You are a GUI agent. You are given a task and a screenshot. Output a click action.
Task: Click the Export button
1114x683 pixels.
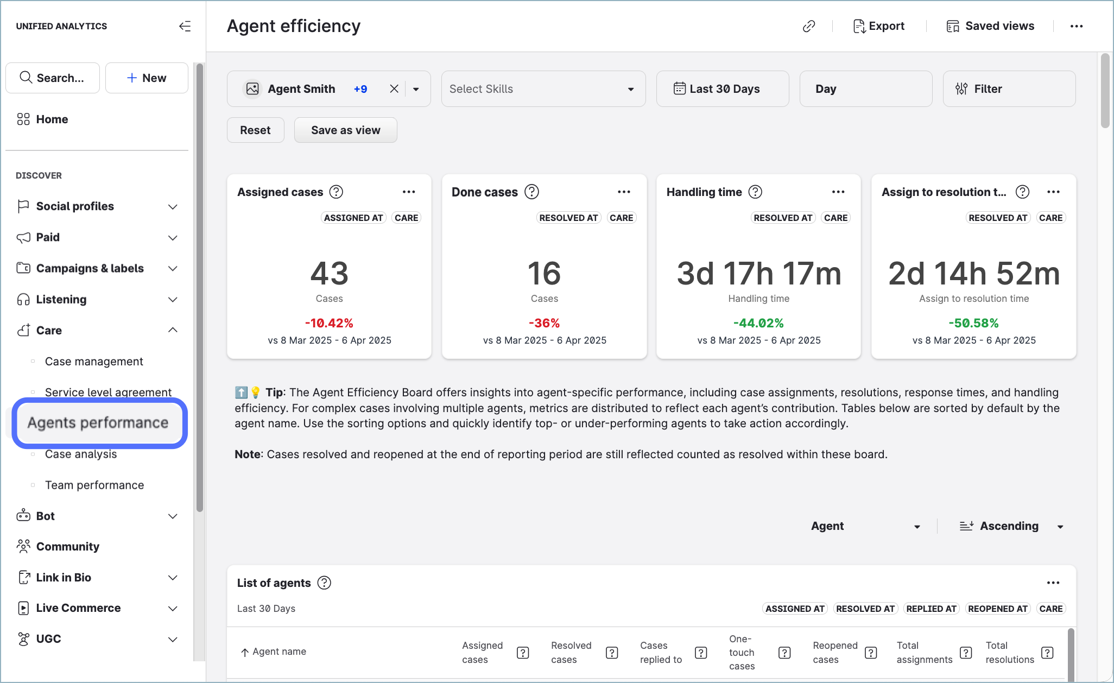[x=878, y=26]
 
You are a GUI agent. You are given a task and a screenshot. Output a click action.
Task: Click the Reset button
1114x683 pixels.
[x=255, y=130]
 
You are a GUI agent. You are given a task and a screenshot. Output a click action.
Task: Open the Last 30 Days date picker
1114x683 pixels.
[x=722, y=89]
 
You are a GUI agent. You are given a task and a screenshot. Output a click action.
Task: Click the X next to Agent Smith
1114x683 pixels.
[x=394, y=89]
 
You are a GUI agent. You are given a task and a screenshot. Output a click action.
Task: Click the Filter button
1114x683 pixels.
[x=1009, y=89]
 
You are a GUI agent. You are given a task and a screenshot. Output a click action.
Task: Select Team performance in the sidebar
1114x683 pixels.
[x=94, y=485]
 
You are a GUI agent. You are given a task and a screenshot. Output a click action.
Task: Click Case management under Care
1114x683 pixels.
[x=94, y=362]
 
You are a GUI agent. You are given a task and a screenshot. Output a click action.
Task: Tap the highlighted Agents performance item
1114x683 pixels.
[x=98, y=423]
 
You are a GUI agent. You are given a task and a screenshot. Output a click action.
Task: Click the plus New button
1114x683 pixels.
[x=147, y=78]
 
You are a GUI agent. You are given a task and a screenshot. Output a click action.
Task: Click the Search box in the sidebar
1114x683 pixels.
[x=53, y=78]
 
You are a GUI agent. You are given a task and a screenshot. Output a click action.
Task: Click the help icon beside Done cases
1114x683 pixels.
[x=531, y=192]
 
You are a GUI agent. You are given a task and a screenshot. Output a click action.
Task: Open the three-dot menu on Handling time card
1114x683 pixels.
[x=838, y=192]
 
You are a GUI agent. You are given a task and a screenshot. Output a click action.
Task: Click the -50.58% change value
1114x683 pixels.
[x=973, y=323]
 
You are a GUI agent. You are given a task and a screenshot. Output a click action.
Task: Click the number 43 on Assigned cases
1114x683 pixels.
[x=329, y=273]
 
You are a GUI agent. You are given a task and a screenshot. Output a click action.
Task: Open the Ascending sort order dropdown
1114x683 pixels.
[x=1010, y=526]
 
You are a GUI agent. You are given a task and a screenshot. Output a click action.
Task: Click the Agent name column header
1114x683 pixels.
[x=279, y=652]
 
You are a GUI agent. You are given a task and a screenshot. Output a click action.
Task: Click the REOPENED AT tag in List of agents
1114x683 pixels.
[x=997, y=609]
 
